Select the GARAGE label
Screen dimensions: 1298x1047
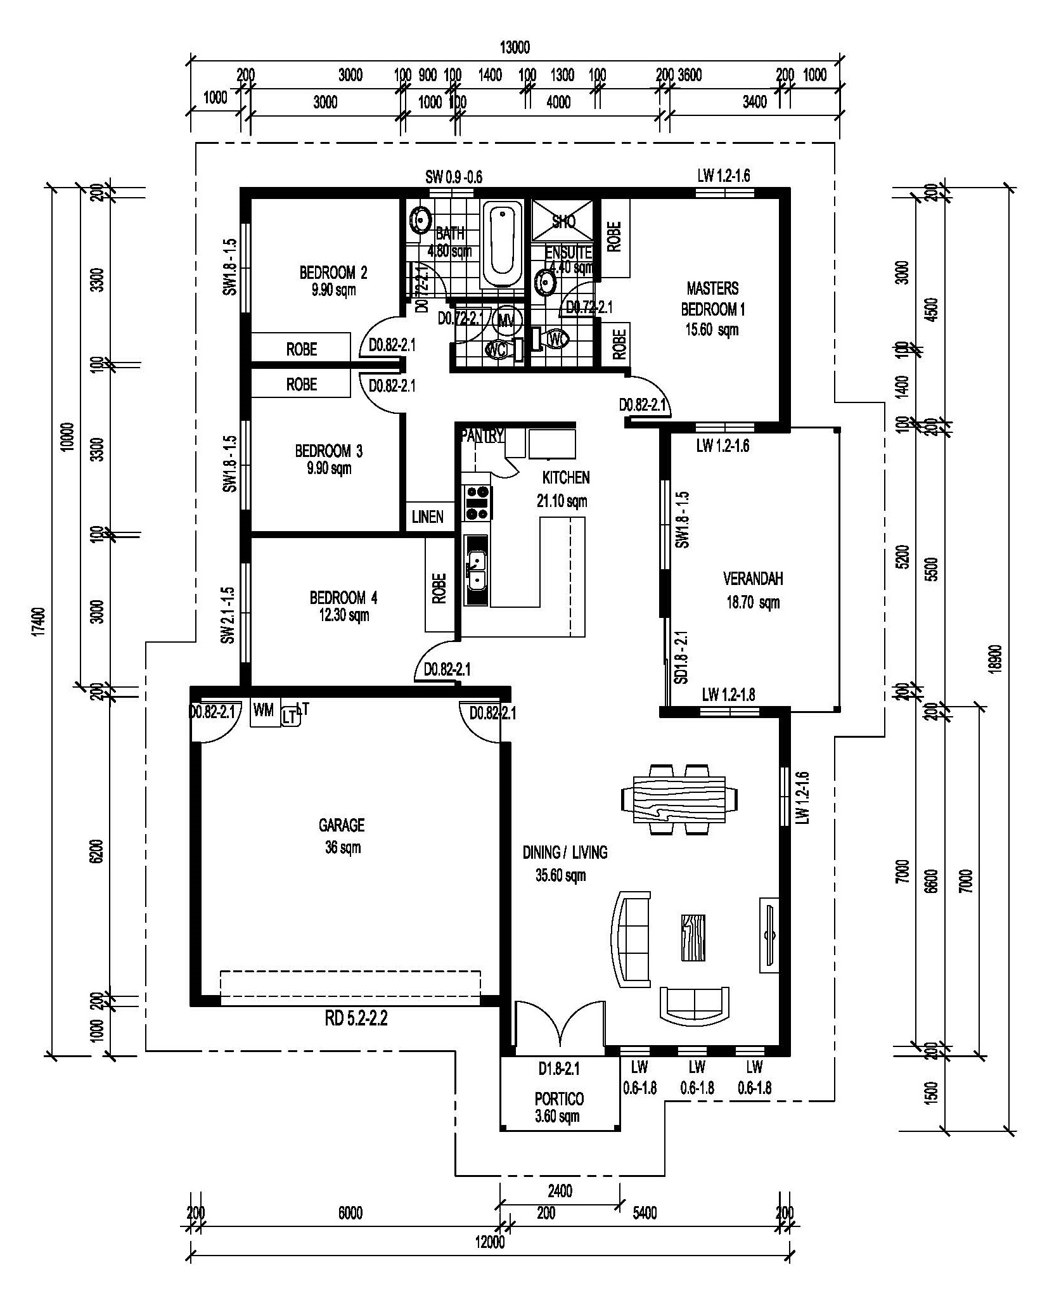tap(342, 825)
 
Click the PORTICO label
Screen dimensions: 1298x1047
tap(559, 1098)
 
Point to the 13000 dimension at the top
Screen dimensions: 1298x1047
tap(515, 48)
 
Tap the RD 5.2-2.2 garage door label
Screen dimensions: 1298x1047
tap(356, 1018)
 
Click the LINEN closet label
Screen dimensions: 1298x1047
tap(428, 517)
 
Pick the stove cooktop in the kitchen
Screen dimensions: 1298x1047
tap(477, 503)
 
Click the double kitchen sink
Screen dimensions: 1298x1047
tap(476, 570)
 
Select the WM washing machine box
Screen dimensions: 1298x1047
tap(264, 711)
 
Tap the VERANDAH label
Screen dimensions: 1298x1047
tap(753, 579)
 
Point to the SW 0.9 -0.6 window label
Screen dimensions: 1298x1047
tap(454, 177)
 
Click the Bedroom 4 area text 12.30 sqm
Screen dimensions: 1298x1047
tap(344, 615)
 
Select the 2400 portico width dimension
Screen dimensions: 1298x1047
tap(560, 1191)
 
